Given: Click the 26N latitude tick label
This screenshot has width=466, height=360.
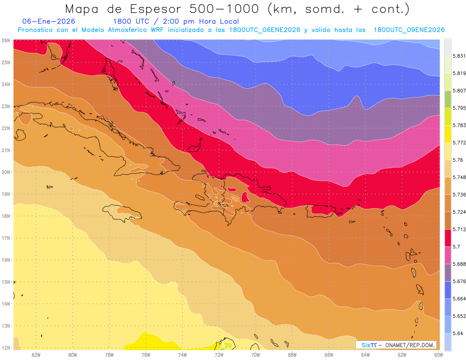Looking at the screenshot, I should click(6, 40).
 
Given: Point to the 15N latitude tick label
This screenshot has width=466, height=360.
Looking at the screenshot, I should click(6, 282).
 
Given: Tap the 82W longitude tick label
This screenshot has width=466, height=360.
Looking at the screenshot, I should click(36, 354).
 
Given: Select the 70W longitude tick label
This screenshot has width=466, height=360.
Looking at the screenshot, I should click(256, 354).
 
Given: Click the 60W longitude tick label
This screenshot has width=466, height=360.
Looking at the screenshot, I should click(438, 354).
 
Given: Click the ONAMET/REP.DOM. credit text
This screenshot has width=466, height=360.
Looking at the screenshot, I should click(409, 345).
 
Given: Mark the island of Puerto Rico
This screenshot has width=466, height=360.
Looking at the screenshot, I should click(321, 210).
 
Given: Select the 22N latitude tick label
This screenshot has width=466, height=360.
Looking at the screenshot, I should click(6, 128).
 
